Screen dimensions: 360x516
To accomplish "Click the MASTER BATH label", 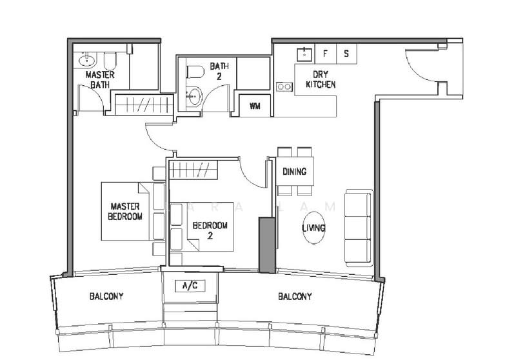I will coord(100,79).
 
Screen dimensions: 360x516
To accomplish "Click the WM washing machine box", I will coord(255,106).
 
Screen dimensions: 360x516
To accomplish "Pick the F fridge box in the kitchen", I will coord(325,54).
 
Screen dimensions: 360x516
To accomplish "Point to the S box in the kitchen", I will coord(346,54).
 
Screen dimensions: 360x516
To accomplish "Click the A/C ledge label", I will coord(189,285).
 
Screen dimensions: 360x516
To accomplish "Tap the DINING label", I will coord(294,172).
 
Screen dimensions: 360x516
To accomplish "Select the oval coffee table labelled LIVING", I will coord(313,228).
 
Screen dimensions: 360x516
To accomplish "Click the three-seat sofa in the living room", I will coord(359,227).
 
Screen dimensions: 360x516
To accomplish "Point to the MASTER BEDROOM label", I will coord(125,212).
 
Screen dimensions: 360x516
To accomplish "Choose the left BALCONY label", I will coord(106,297).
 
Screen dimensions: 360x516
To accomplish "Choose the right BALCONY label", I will coord(295,297).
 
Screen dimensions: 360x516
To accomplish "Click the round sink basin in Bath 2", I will coord(193,97).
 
